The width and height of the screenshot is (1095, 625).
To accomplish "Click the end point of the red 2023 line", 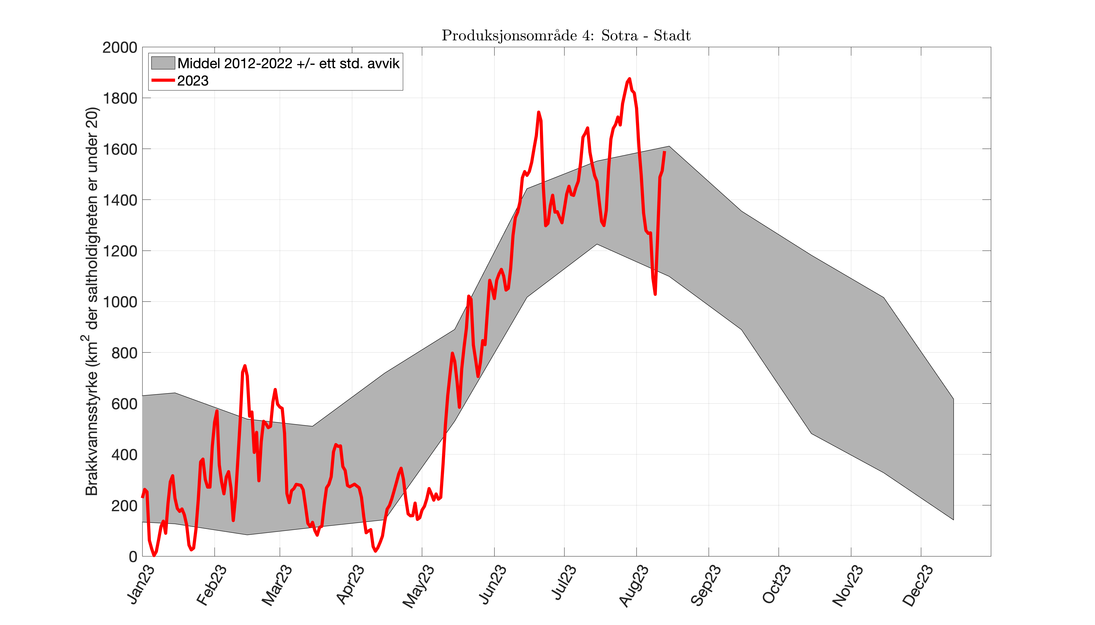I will [664, 151].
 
